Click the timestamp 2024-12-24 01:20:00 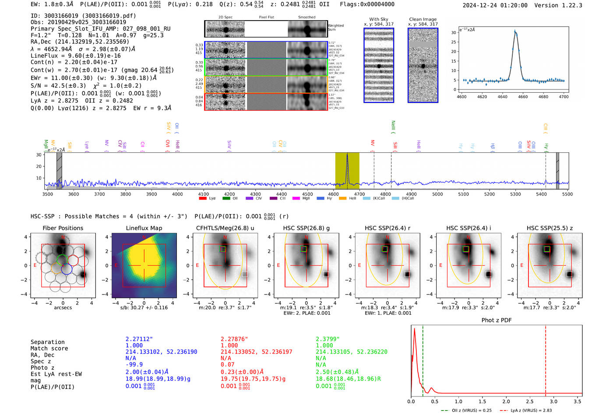tap(495, 5)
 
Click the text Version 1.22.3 tap(564, 5)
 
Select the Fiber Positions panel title tap(63, 228)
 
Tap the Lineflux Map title tap(144, 228)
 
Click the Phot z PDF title tap(497, 320)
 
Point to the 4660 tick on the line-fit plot tap(523, 97)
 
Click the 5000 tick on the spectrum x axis tap(437, 194)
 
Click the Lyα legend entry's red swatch tap(203, 198)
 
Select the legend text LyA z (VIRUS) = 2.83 tap(531, 410)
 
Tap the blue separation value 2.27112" tap(139, 339)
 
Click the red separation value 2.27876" tap(234, 339)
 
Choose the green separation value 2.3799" tap(328, 339)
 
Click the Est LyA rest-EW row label tap(56, 374)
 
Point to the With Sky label tap(379, 19)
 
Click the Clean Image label tap(423, 19)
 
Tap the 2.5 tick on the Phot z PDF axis tap(530, 401)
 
